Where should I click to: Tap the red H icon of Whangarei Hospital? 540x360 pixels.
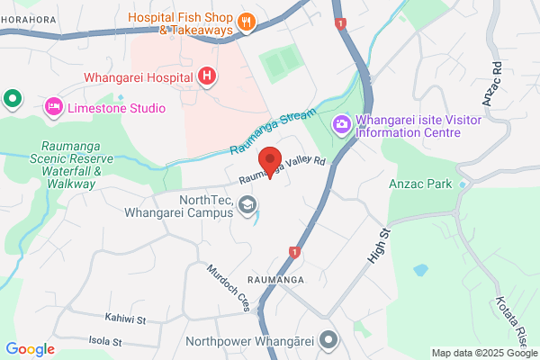207,76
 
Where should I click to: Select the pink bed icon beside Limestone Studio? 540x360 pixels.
54,108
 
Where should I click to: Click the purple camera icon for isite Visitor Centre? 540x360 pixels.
342,123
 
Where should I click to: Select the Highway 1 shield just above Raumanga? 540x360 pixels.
293,252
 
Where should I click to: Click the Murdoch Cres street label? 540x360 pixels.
228,287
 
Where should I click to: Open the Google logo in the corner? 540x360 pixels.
30,349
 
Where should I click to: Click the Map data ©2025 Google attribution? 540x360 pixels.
482,352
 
